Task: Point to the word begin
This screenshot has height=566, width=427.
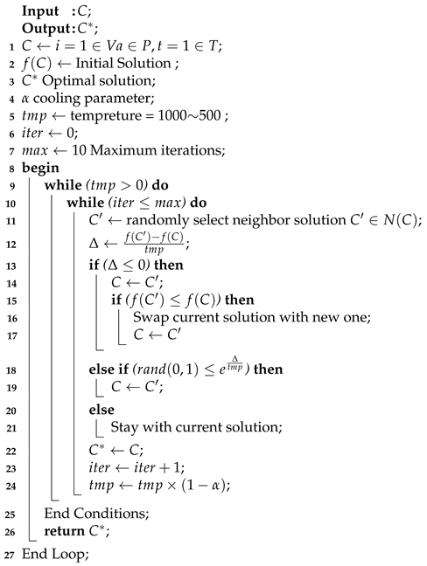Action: [x=40, y=166]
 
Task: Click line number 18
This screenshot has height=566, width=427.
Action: [x=7, y=369]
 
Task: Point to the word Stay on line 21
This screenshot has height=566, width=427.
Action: [x=124, y=427]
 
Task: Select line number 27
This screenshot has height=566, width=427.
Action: [x=7, y=551]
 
